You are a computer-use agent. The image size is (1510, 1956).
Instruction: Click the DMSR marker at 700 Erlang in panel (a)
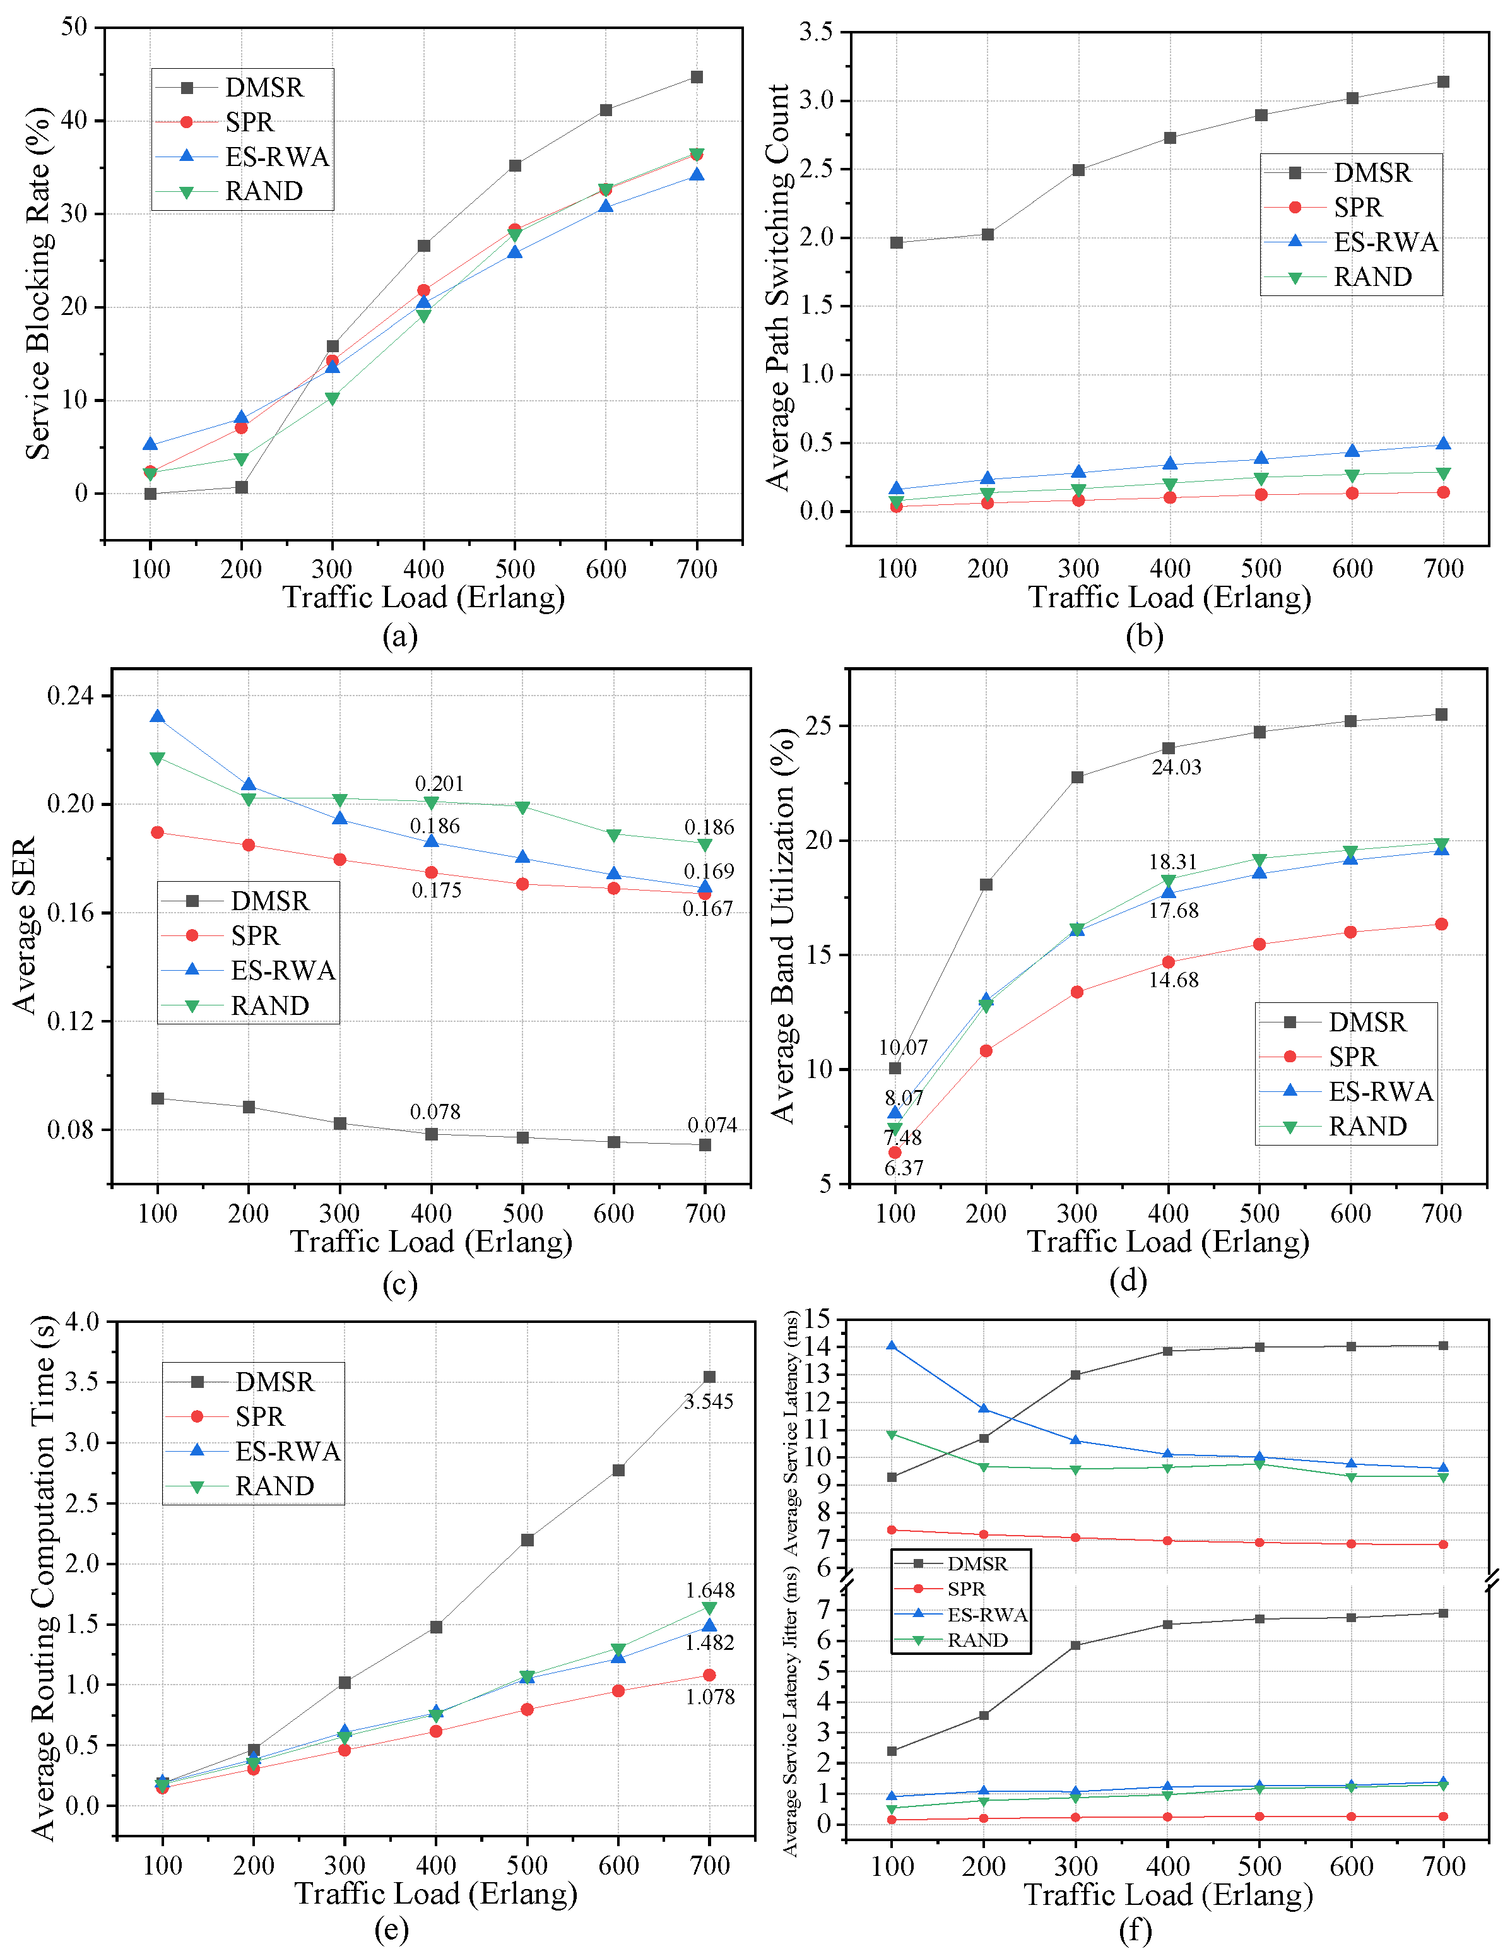tap(697, 77)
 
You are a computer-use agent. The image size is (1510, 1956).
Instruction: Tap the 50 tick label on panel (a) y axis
tap(74, 27)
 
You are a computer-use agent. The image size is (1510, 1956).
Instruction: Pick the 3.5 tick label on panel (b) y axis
tap(816, 32)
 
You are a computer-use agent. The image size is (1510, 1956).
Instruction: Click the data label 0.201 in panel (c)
tap(439, 784)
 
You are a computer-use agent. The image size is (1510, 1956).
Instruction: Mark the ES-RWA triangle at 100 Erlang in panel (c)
tap(158, 716)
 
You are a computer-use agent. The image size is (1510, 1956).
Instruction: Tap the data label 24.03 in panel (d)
tap(1176, 768)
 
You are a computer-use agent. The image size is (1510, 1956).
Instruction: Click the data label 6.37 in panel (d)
tap(904, 1168)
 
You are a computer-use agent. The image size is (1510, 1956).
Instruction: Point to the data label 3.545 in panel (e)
tap(709, 1402)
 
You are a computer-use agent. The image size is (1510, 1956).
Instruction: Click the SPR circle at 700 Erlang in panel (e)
tap(709, 1674)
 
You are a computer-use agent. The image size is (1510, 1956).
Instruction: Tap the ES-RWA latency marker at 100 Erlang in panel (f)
tap(891, 1346)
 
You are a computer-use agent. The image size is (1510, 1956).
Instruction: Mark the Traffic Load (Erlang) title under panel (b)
tap(1169, 597)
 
